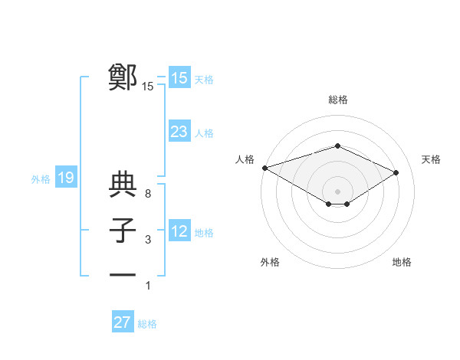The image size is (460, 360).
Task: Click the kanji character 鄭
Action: pyautogui.click(x=123, y=78)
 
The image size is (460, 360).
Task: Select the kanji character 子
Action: pyautogui.click(x=123, y=231)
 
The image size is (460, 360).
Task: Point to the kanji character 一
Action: pyautogui.click(x=123, y=276)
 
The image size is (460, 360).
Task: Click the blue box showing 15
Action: pyautogui.click(x=179, y=78)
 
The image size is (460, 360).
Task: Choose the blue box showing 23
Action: pyautogui.click(x=179, y=132)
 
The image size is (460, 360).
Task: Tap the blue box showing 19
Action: pyautogui.click(x=65, y=178)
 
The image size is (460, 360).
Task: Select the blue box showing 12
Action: pyautogui.click(x=179, y=231)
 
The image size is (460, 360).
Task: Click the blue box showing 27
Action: pyautogui.click(x=122, y=322)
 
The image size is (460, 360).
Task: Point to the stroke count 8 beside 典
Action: pyautogui.click(x=147, y=194)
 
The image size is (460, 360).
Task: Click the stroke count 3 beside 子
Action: pyautogui.click(x=147, y=240)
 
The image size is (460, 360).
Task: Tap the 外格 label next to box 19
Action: pyautogui.click(x=41, y=179)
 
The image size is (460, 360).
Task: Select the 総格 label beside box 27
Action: pyautogui.click(x=147, y=324)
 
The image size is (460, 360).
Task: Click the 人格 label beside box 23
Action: pyautogui.click(x=204, y=133)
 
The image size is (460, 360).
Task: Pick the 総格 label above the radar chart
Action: pyautogui.click(x=337, y=100)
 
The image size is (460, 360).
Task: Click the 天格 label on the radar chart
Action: pyautogui.click(x=432, y=159)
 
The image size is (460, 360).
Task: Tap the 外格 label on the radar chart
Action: pyautogui.click(x=270, y=262)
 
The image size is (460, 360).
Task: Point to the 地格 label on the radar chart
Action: pyautogui.click(x=402, y=262)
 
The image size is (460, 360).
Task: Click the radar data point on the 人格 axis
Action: pyautogui.click(x=264, y=168)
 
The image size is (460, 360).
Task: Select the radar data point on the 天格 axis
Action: pyautogui.click(x=396, y=172)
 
